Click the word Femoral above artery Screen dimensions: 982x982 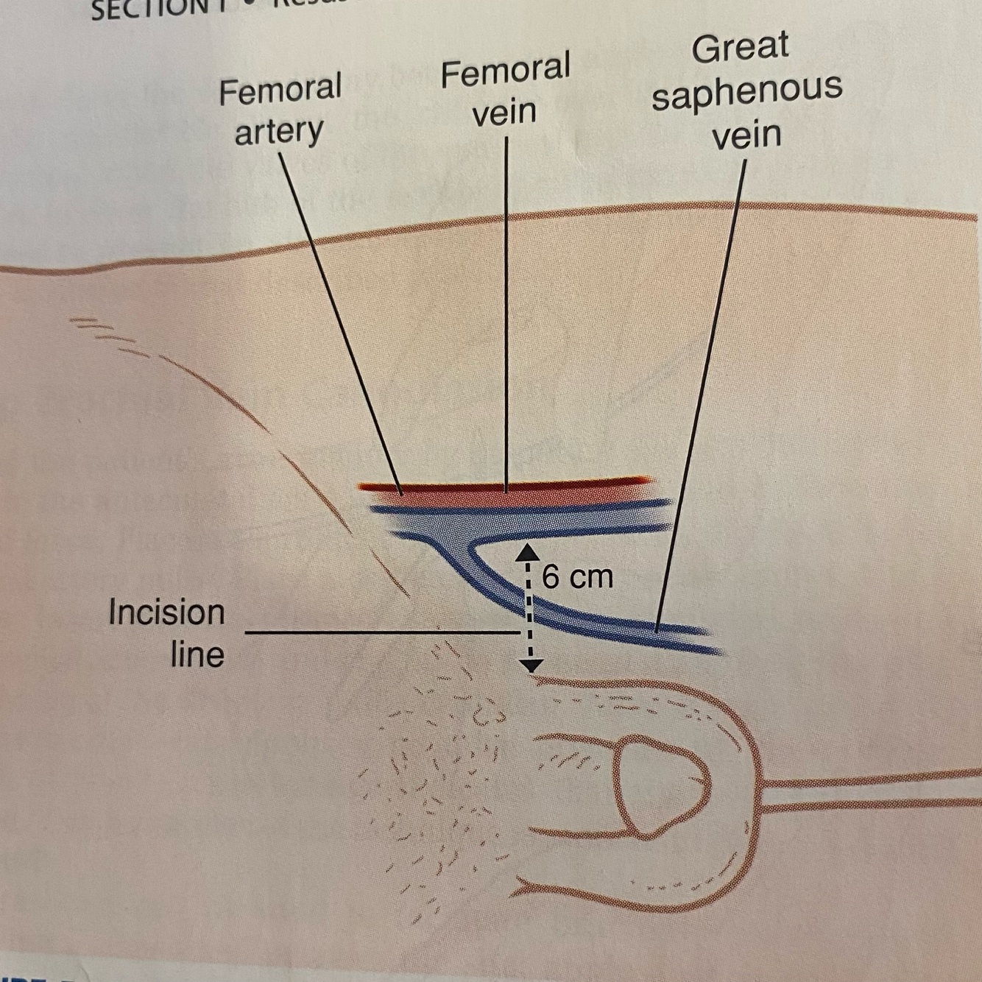280,91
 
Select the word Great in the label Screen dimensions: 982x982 739,48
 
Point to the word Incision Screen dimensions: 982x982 166,612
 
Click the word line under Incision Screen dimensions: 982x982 197,654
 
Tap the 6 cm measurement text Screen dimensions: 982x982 577,576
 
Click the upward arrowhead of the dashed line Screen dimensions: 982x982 528,553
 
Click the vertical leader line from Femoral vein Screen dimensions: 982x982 506,309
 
